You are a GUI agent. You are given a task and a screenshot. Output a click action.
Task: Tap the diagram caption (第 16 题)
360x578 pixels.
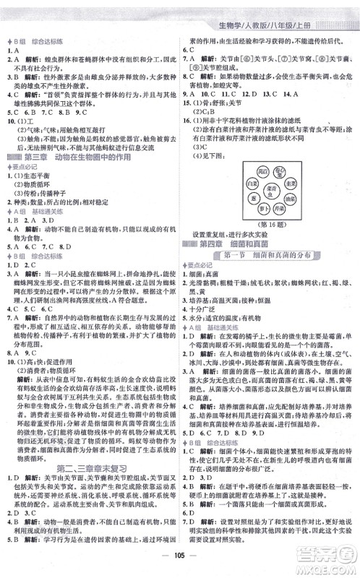point(271,224)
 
